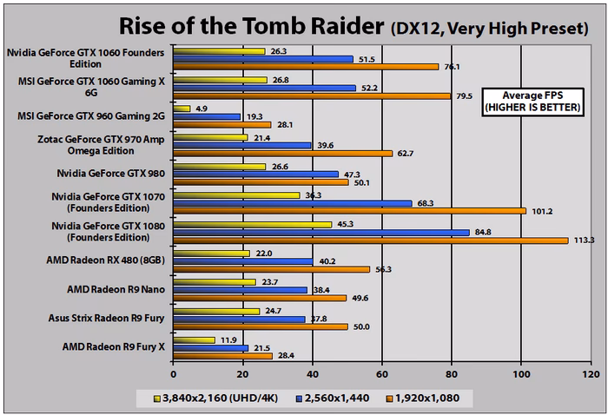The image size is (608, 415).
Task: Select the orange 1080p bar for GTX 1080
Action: (x=370, y=240)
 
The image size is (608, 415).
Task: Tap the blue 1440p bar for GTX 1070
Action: (x=292, y=203)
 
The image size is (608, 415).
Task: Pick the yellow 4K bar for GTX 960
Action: (x=182, y=109)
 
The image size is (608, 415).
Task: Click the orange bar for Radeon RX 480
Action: (x=271, y=269)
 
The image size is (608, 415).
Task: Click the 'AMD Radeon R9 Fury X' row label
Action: (x=119, y=346)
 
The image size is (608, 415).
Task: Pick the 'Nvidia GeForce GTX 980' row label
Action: (x=121, y=174)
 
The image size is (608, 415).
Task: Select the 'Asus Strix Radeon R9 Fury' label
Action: (x=114, y=318)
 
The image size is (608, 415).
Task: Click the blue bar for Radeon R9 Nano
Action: (x=240, y=289)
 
